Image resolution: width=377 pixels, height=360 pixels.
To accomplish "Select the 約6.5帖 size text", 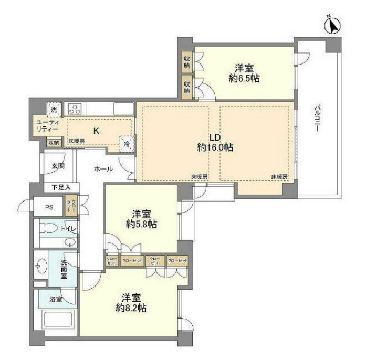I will (x=245, y=79).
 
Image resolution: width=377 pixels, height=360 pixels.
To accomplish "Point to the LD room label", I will (x=215, y=137).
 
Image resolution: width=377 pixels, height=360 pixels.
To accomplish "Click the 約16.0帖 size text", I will (x=215, y=148).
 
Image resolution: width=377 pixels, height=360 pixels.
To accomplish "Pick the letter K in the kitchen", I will (x=97, y=131).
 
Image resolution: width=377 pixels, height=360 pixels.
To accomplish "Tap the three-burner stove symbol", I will (x=76, y=109).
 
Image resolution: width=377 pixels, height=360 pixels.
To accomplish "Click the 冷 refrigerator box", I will (x=127, y=143).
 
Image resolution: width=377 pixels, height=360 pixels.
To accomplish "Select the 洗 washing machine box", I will (x=54, y=109).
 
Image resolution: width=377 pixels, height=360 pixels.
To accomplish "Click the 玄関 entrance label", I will (x=58, y=166).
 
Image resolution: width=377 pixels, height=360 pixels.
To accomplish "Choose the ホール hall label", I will (x=102, y=169).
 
